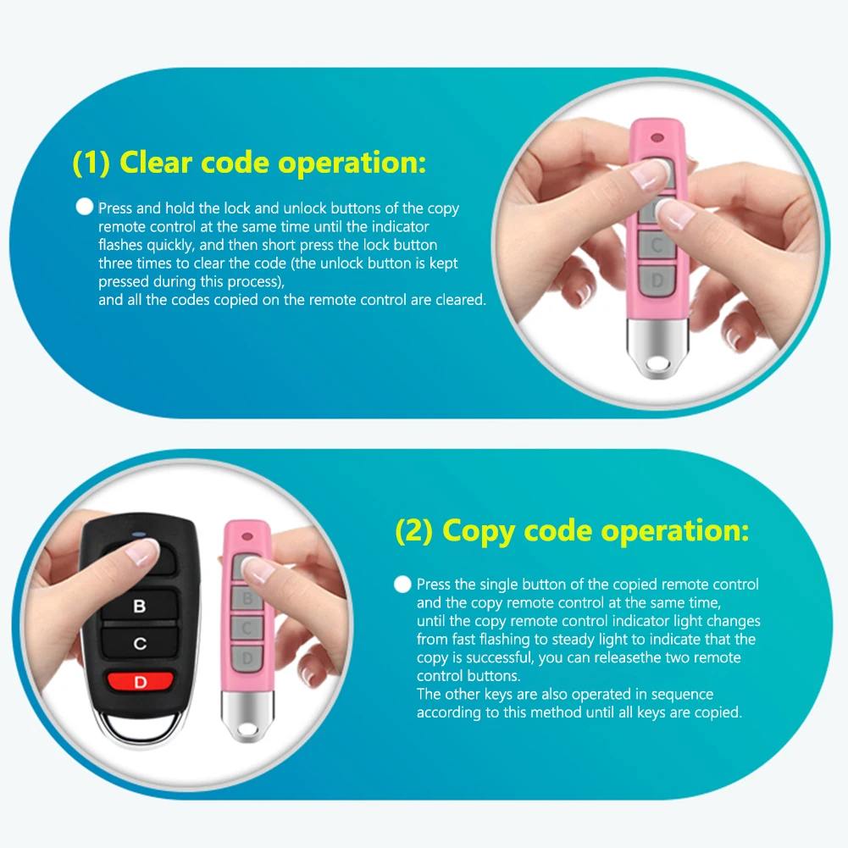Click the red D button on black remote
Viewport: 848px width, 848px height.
[140, 681]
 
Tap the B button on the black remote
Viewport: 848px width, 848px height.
[140, 606]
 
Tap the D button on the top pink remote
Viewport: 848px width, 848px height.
[656, 280]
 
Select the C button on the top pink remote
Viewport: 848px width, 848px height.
[656, 244]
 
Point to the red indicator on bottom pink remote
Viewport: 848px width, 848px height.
[247, 535]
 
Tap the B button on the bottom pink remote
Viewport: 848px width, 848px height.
[247, 600]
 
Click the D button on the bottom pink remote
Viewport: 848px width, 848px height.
[247, 657]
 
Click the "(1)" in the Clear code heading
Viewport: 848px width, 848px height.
[91, 162]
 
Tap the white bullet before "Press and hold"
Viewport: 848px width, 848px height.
[84, 207]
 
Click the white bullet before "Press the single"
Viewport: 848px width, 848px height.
[402, 584]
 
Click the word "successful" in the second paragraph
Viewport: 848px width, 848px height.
[500, 658]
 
